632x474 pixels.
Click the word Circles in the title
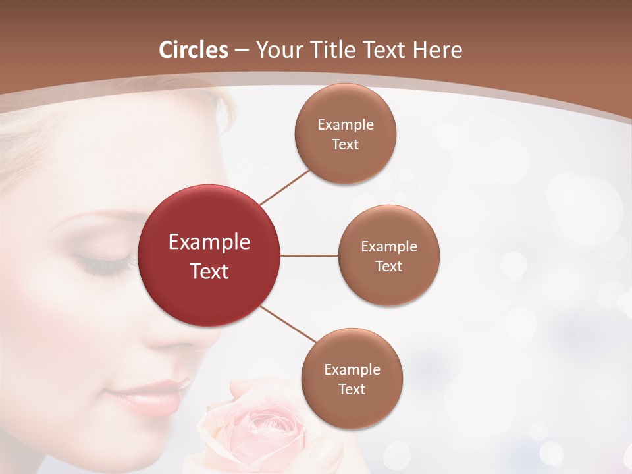194,50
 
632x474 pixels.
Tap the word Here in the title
437,50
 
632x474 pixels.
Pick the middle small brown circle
389,283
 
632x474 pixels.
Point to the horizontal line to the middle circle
309,255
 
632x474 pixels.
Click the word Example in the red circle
209,242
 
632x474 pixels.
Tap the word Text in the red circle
209,271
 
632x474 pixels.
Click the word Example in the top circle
346,124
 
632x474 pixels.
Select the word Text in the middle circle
388,267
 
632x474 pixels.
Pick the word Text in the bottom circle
352,390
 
